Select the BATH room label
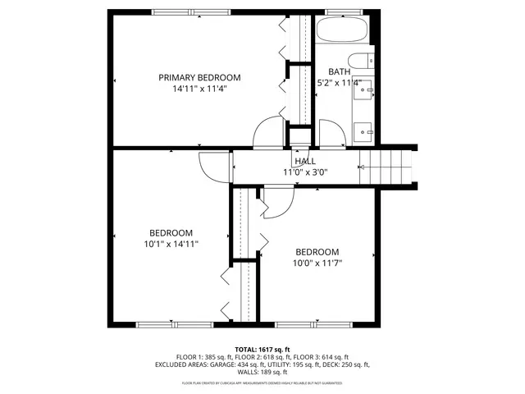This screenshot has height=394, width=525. click(x=339, y=72)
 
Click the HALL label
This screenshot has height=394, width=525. click(x=305, y=162)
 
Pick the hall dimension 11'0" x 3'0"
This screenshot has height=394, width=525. click(x=305, y=172)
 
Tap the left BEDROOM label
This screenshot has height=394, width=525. click(x=171, y=232)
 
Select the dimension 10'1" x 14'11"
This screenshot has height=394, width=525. click(x=171, y=243)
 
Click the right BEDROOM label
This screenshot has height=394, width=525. click(x=317, y=252)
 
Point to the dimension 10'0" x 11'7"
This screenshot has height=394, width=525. click(x=317, y=263)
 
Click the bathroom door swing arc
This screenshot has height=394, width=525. click(x=331, y=134)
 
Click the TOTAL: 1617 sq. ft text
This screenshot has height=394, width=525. click(x=262, y=350)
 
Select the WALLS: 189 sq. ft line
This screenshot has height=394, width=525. click(x=262, y=372)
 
